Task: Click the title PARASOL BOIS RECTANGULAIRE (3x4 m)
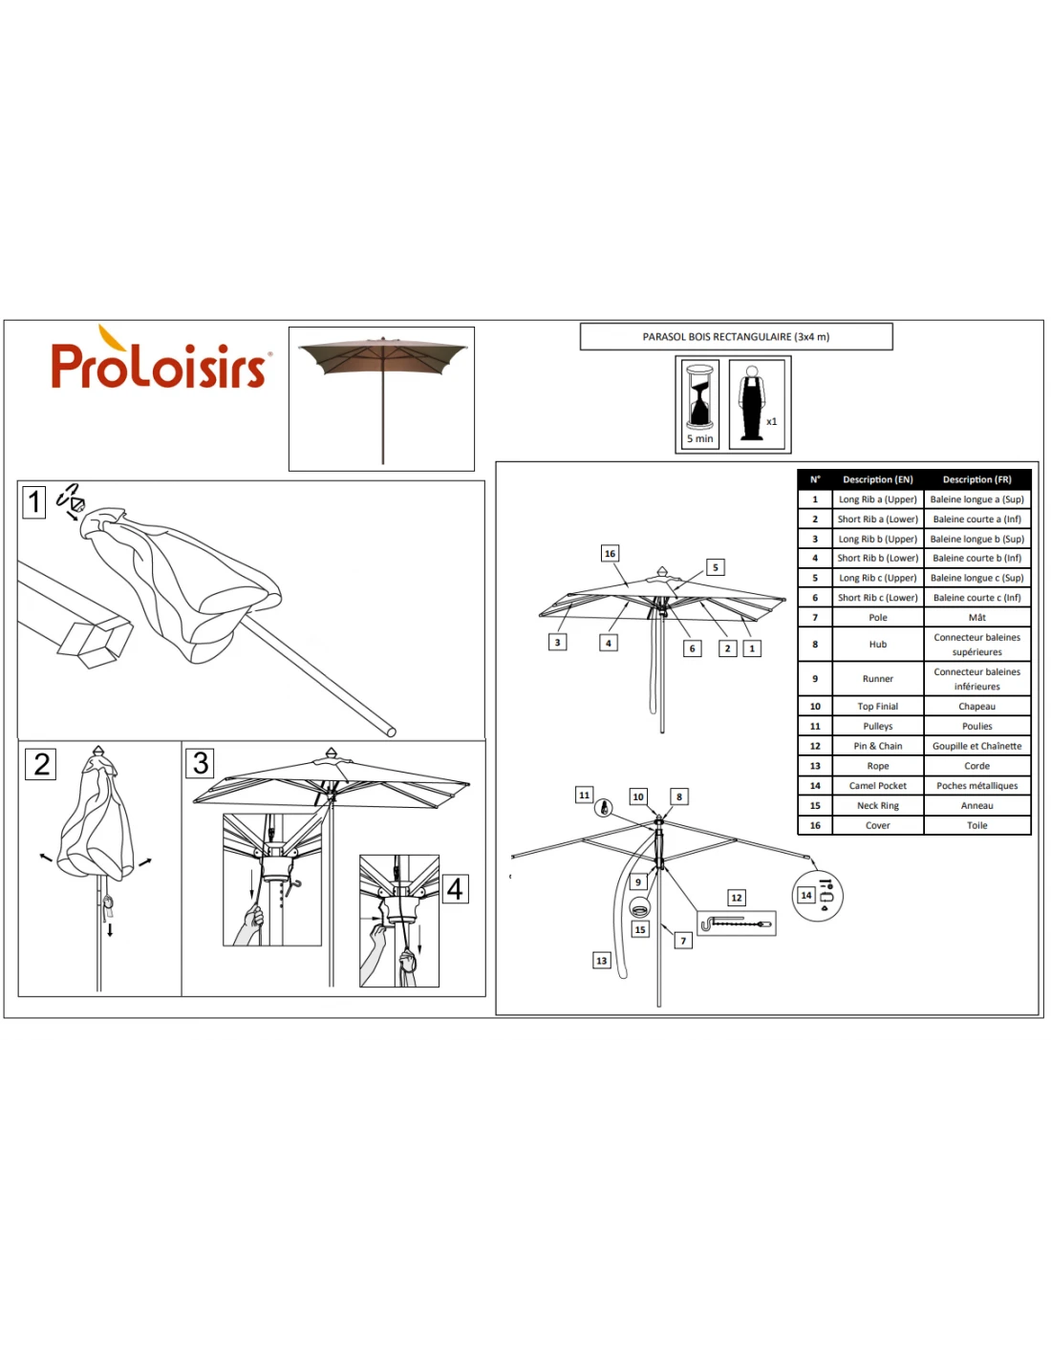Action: [736, 337]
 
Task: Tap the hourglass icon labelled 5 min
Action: [700, 404]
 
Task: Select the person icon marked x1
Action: [756, 403]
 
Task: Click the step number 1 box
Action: [34, 501]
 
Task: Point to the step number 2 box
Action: [41, 764]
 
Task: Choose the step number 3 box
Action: [201, 763]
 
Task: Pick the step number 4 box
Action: [455, 889]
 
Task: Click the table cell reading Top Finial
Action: [877, 707]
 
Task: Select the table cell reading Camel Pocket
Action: [877, 786]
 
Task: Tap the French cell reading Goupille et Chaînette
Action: [976, 746]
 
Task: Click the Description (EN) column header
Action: [877, 479]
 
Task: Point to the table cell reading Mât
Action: [976, 618]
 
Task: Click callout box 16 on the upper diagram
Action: [610, 554]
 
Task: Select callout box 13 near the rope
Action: [601, 961]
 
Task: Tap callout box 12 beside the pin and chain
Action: [736, 898]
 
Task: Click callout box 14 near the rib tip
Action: [806, 895]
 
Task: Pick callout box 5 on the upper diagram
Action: [715, 567]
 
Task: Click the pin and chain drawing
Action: [736, 923]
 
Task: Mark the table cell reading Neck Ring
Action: [877, 806]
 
